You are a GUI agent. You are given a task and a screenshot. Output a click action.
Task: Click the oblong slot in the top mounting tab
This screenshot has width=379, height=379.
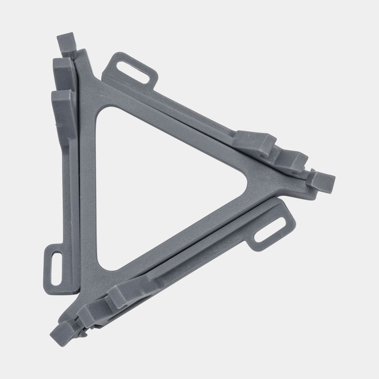pyautogui.click(x=133, y=72)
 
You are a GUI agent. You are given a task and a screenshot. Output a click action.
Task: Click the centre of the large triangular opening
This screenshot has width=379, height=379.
pyautogui.click(x=155, y=185)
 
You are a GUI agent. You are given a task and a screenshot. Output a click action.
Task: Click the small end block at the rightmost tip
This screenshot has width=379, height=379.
pyautogui.click(x=321, y=182)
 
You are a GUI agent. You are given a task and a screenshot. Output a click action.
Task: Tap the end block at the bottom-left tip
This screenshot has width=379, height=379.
pyautogui.click(x=62, y=332)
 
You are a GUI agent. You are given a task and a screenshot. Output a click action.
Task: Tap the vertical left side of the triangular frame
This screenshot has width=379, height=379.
pyautogui.click(x=88, y=185)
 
